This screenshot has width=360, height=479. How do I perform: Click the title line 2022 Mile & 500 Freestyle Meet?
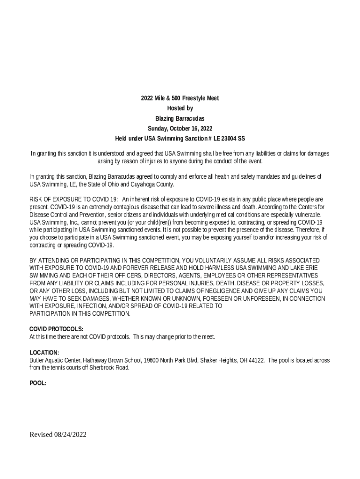(180, 98)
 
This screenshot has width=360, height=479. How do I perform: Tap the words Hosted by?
(180, 108)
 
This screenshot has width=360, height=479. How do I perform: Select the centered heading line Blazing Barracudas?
(180, 118)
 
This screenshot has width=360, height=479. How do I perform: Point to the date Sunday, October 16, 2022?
(180, 128)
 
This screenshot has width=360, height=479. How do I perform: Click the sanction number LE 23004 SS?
(229, 138)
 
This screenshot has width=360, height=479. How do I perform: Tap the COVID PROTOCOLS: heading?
(57, 329)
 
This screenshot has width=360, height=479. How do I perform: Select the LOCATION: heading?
(44, 352)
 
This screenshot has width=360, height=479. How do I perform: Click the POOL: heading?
(38, 383)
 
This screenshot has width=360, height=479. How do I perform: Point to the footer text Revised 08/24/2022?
(58, 435)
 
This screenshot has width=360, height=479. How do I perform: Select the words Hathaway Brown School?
(111, 360)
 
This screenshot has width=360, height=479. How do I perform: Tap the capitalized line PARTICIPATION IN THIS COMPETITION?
(80, 313)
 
